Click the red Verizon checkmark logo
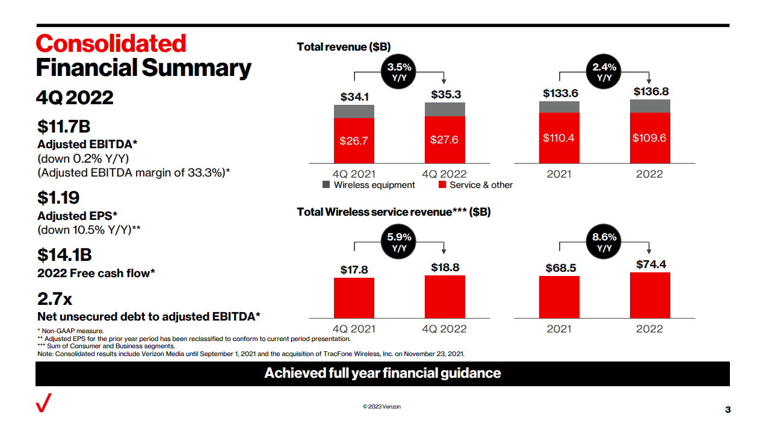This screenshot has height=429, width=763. [x=43, y=402]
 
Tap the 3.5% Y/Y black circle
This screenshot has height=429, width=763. [x=398, y=72]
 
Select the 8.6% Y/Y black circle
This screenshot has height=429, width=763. [x=604, y=242]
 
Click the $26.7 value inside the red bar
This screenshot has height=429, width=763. [x=354, y=140]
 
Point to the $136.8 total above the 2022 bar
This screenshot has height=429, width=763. [x=651, y=92]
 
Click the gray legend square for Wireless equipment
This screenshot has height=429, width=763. [x=326, y=184]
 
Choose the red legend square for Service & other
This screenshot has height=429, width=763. [x=442, y=184]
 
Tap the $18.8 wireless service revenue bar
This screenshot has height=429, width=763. [x=445, y=296]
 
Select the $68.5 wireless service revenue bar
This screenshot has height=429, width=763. [x=559, y=297]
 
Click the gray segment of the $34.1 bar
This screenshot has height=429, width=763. [x=354, y=111]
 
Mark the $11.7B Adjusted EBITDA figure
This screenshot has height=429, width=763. [x=64, y=126]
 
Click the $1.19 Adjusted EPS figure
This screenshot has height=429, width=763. [x=58, y=198]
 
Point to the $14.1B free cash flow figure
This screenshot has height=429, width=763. [x=64, y=255]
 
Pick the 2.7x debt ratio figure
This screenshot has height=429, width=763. [x=55, y=299]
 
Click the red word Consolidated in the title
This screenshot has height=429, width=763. [x=111, y=43]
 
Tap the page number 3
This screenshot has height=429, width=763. [x=727, y=410]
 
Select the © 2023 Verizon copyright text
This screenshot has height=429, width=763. [x=381, y=407]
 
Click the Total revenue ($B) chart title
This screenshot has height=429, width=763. [x=344, y=47]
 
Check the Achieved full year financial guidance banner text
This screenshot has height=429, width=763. [x=383, y=373]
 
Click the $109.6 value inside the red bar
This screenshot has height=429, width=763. [x=649, y=138]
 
